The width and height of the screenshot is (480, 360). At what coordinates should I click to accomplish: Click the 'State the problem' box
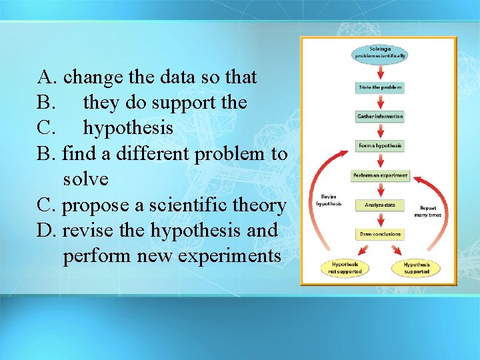tap(380, 87)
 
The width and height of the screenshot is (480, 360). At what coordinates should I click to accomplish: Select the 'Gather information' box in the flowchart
tap(380, 116)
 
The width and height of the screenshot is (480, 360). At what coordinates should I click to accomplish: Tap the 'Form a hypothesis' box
tap(380, 145)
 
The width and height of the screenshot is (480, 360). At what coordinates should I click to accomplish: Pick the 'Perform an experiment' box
tap(379, 176)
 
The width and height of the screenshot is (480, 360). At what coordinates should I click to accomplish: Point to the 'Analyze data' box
tap(379, 205)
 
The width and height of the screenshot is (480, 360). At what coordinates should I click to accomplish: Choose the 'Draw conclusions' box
tap(379, 234)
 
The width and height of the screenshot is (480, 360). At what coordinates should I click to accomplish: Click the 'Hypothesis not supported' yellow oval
tap(346, 267)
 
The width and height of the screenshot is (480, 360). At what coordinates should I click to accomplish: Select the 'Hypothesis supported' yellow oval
tap(417, 267)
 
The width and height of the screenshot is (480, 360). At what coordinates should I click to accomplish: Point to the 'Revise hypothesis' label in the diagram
tap(329, 200)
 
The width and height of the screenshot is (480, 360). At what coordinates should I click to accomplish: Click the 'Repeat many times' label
tap(427, 211)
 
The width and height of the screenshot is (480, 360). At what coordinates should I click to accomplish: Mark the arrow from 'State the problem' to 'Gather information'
tap(380, 101)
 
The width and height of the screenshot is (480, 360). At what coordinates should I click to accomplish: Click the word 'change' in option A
tap(93, 77)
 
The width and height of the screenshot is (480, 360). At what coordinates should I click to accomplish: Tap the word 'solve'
tap(85, 179)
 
